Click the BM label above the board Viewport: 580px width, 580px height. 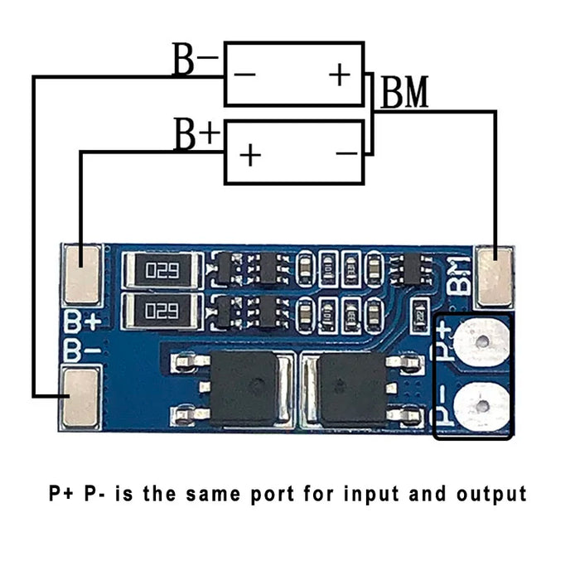pos(405,94)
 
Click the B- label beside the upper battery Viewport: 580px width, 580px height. pos(196,60)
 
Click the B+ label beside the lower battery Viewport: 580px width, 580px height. pos(197,135)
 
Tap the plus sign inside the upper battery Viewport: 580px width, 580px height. pos(340,75)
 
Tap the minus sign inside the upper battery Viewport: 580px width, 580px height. pos(245,75)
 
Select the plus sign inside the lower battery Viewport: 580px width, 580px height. pos(250,155)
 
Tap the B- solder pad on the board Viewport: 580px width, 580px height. pos(81,399)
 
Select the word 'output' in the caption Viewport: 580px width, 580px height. pos(491,495)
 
